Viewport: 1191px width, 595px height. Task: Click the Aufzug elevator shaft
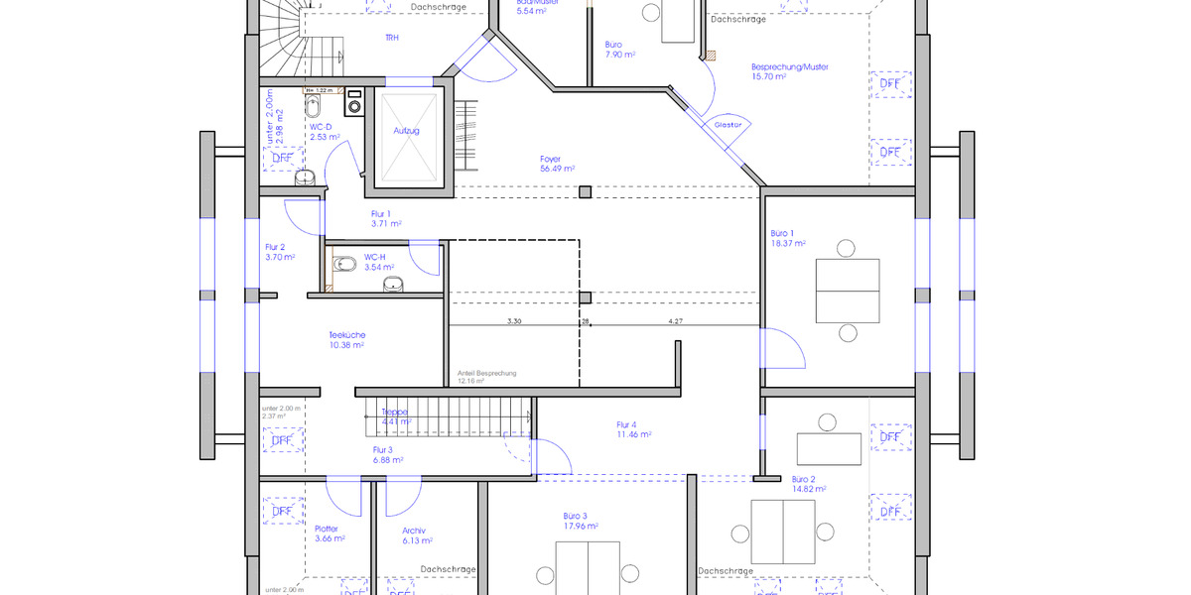pyautogui.click(x=407, y=136)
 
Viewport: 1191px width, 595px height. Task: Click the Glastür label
pyautogui.click(x=728, y=125)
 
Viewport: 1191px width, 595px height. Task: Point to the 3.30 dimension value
pyautogui.click(x=514, y=321)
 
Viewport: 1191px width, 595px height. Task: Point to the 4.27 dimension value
pyautogui.click(x=675, y=321)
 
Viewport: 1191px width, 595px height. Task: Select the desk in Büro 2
pyautogui.click(x=828, y=448)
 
